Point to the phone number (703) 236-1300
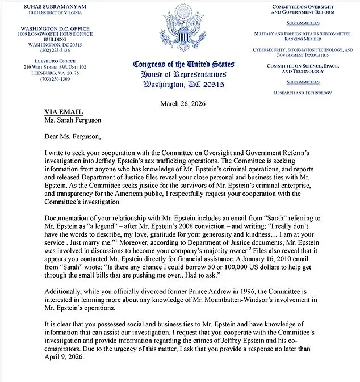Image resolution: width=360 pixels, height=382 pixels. (47, 78)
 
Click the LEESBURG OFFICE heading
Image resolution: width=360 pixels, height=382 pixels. (47, 61)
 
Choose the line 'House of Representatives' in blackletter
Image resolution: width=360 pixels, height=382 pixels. (179, 74)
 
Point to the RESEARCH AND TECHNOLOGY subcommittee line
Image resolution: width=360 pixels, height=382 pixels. (303, 92)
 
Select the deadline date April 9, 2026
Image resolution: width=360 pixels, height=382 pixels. (65, 359)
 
